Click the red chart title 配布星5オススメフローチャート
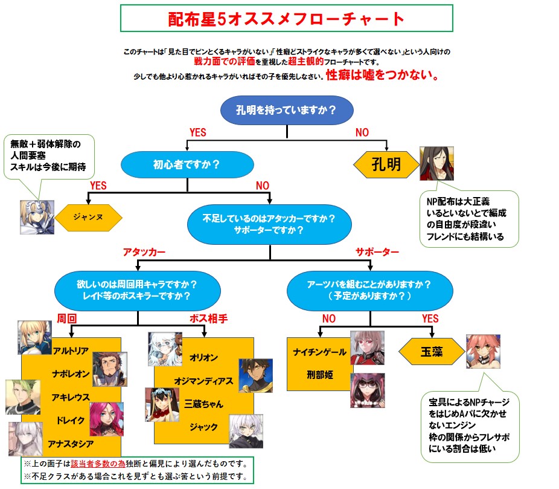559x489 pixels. tap(286, 19)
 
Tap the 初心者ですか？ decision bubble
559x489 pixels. tap(187, 163)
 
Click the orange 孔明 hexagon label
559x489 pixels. tap(386, 164)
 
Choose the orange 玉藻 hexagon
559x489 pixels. tap(430, 351)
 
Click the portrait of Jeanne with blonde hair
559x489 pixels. tap(36, 216)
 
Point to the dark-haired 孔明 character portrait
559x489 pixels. tap(436, 163)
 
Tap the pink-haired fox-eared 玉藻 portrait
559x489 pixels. tap(483, 352)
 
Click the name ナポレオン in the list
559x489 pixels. tap(72, 373)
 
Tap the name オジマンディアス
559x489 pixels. tap(203, 381)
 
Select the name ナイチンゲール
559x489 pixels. tap(319, 352)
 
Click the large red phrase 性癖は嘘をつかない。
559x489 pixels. tap(382, 77)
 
